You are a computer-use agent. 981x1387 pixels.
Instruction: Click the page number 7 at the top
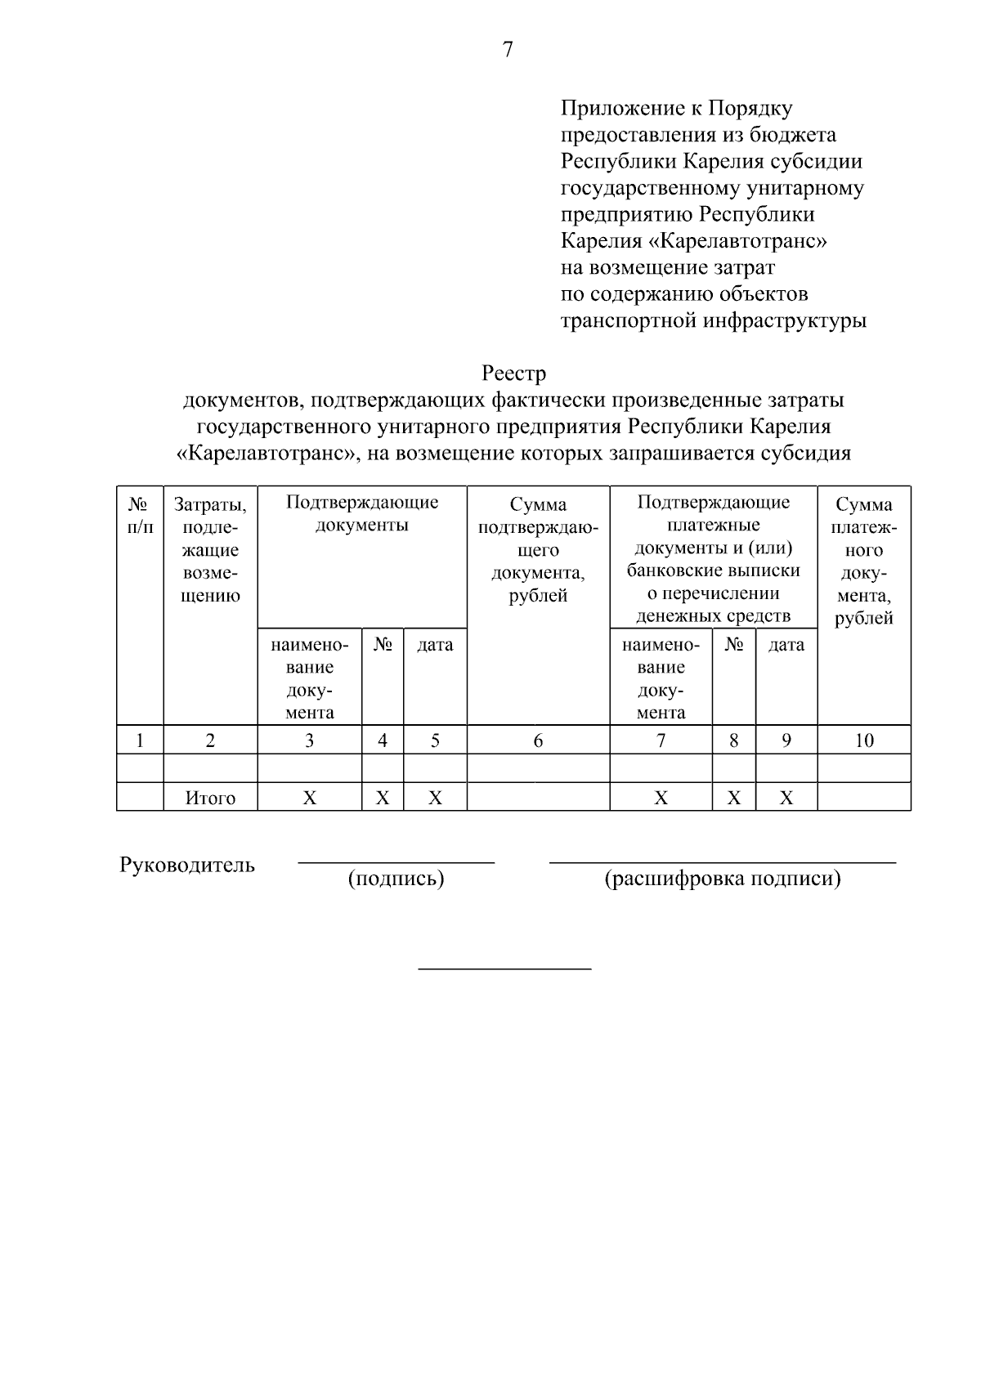click(x=507, y=50)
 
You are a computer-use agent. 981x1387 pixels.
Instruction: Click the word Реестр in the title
click(x=513, y=374)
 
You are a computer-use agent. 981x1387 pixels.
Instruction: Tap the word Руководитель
click(x=187, y=865)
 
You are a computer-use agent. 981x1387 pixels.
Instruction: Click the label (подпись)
click(x=396, y=879)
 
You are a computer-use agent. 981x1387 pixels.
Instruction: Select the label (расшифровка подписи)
click(x=723, y=879)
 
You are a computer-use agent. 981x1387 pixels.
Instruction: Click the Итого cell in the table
click(x=210, y=798)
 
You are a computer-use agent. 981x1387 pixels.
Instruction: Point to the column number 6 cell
click(x=538, y=740)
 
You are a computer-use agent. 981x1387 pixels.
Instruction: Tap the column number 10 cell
click(x=864, y=740)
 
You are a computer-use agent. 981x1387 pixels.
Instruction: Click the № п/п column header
click(x=140, y=516)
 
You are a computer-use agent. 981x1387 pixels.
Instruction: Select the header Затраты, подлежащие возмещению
click(x=210, y=549)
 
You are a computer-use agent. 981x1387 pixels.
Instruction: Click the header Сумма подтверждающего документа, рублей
click(x=538, y=549)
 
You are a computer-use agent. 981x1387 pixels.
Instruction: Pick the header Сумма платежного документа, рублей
click(x=864, y=561)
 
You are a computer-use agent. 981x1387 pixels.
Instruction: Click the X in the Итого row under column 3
click(x=309, y=798)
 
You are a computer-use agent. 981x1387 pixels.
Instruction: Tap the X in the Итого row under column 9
click(x=786, y=798)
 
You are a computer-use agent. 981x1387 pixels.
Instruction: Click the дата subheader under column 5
click(x=435, y=645)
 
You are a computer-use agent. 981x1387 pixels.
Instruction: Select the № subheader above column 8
click(x=733, y=645)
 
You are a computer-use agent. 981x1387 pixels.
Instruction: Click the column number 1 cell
click(x=140, y=740)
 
